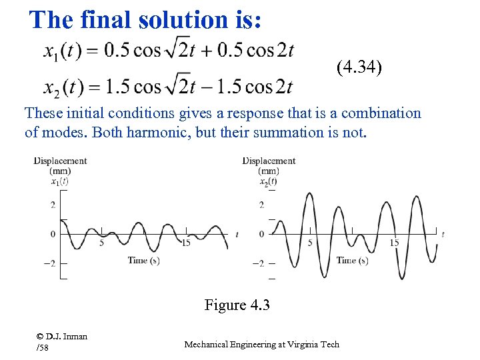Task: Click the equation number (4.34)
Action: click(359, 67)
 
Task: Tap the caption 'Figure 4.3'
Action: click(237, 305)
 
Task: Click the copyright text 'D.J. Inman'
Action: click(67, 336)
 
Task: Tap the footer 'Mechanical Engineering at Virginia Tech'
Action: click(261, 344)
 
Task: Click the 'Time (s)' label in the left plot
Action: click(143, 260)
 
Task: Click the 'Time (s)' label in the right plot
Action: click(352, 260)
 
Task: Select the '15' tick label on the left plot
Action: click(186, 243)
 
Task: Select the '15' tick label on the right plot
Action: click(395, 243)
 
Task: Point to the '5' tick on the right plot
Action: click(310, 243)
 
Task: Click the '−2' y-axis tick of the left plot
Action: click(49, 263)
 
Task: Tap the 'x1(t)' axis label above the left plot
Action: click(59, 181)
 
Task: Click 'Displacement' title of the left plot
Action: click(61, 161)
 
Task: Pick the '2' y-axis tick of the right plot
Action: click(261, 205)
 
